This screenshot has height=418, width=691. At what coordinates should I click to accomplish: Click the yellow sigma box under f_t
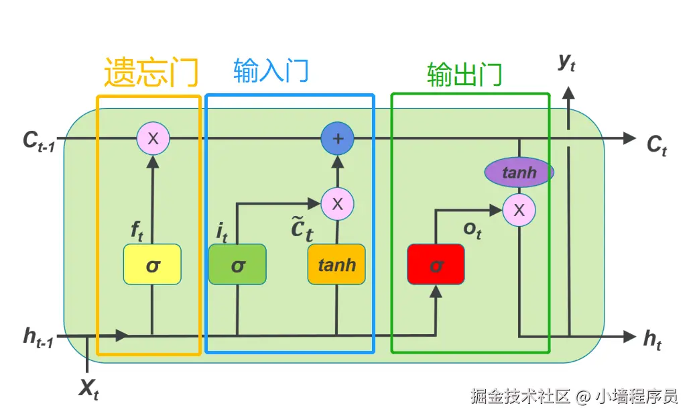tap(153, 264)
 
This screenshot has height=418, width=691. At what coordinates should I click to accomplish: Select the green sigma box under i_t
tap(237, 264)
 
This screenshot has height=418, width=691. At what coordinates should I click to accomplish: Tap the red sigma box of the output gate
tap(436, 264)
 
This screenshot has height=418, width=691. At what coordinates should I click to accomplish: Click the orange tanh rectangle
tap(336, 264)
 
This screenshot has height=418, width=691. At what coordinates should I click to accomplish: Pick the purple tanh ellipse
tap(519, 172)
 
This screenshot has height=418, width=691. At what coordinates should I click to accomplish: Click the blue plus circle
tap(338, 139)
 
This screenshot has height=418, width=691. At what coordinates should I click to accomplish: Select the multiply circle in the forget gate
tap(153, 139)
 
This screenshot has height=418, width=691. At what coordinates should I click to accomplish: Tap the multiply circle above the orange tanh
tap(337, 204)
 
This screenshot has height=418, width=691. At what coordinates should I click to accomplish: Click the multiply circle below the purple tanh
tap(519, 210)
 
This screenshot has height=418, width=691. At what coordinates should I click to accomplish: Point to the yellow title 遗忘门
tap(151, 72)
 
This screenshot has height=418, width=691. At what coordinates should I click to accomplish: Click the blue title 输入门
tap(271, 70)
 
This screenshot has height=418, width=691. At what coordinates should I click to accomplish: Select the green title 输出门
tap(464, 74)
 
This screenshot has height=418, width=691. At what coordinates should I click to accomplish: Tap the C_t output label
tap(657, 145)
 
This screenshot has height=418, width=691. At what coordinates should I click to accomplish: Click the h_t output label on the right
tap(652, 339)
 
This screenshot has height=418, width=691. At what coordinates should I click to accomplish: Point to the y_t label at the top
tap(567, 62)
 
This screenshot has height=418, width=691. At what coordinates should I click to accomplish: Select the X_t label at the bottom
tap(88, 388)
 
